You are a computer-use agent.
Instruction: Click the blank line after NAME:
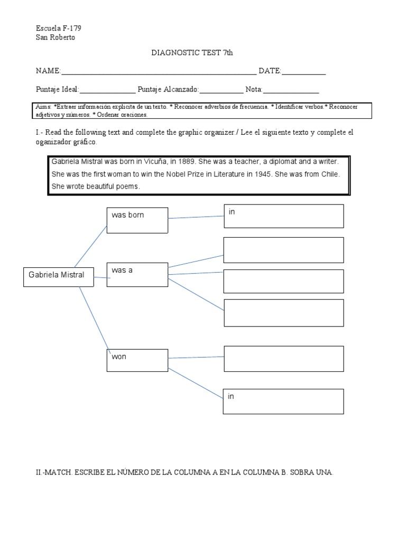coord(159,72)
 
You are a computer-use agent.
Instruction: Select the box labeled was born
coord(137,220)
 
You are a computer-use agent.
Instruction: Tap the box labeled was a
coord(137,275)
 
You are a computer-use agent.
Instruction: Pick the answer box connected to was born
coord(283,216)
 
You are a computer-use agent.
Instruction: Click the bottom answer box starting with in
coord(283,401)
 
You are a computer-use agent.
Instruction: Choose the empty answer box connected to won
coord(283,359)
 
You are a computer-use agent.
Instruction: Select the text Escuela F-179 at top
coord(58,27)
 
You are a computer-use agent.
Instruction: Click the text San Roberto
coord(56,37)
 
